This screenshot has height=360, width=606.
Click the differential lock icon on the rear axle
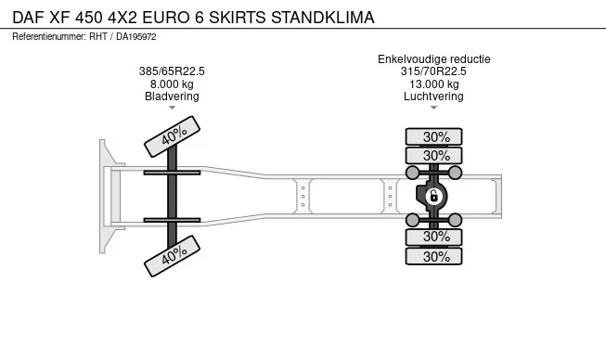pos(433,196)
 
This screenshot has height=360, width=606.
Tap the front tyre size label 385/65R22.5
pos(172,71)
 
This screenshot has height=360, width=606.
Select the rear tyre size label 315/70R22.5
pos(433,71)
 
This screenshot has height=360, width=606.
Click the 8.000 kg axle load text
pos(172,84)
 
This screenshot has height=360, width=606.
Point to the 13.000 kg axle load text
pos(434,84)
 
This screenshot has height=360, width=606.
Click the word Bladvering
pos(172,96)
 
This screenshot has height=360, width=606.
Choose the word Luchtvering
pos(433,96)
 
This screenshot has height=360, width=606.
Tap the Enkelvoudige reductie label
pos(434,59)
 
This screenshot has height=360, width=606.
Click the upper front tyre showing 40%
pos(172,136)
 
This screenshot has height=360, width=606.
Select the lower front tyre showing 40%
pos(172,256)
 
